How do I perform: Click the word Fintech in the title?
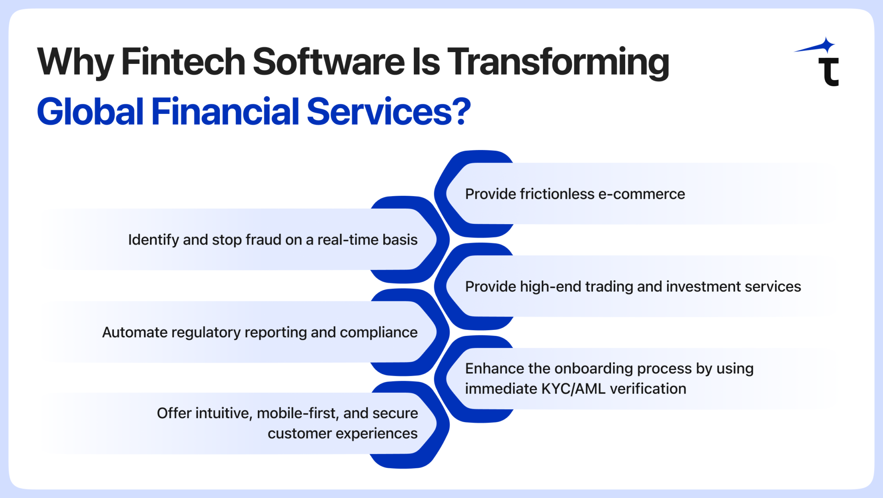pos(183,62)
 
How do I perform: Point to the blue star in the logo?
pos(826,45)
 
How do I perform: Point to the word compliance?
pos(379,332)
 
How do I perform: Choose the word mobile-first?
pos(297,413)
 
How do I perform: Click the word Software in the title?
pos(328,62)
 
